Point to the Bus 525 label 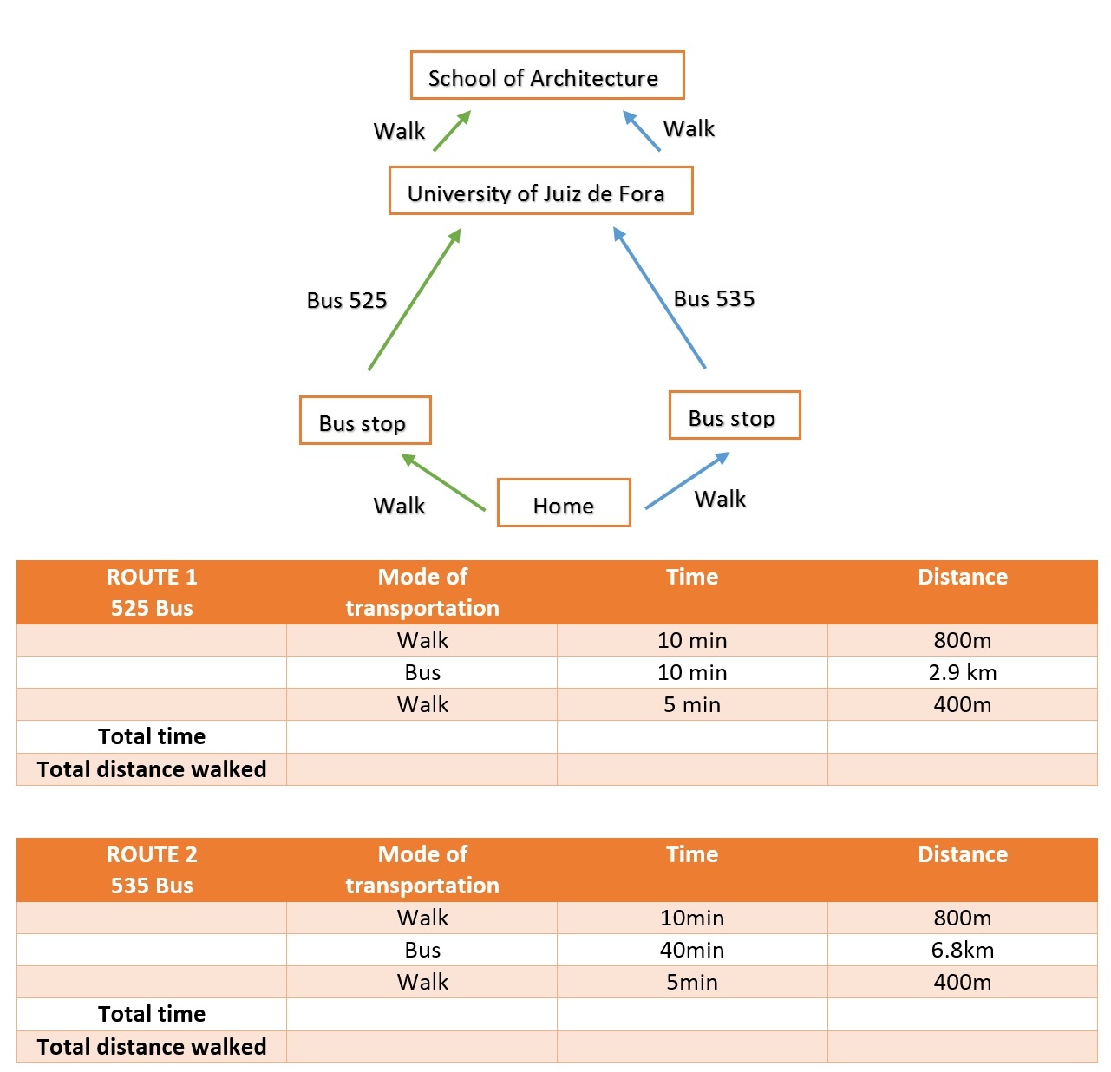pyautogui.click(x=347, y=300)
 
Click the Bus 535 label pyautogui.click(x=714, y=298)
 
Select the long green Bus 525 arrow pyautogui.click(x=415, y=299)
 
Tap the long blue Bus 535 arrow pyautogui.click(x=659, y=297)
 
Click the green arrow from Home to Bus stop pyautogui.click(x=443, y=481)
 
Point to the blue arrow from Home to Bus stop pyautogui.click(x=687, y=480)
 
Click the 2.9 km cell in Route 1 pyautogui.click(x=962, y=672)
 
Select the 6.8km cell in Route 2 pyautogui.click(x=962, y=949)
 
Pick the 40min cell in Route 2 pyautogui.click(x=691, y=949)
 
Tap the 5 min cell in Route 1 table pyautogui.click(x=691, y=703)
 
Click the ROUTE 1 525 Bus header pyautogui.click(x=151, y=592)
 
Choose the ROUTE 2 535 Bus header pyautogui.click(x=151, y=869)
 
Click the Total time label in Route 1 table pyautogui.click(x=151, y=735)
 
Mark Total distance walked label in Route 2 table pyautogui.click(x=151, y=1046)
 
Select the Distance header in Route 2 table pyautogui.click(x=962, y=854)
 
